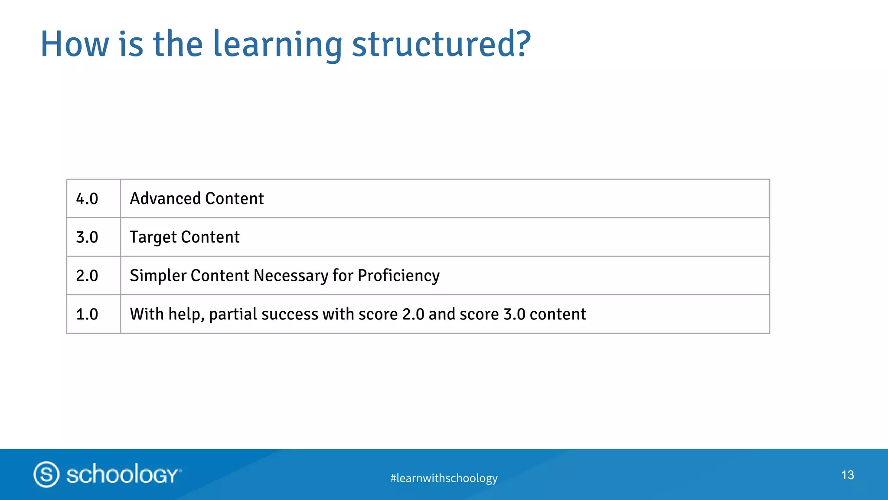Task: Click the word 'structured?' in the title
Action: (x=441, y=44)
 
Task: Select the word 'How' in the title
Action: (x=75, y=44)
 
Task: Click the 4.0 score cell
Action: (x=87, y=199)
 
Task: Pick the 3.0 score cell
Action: (x=87, y=237)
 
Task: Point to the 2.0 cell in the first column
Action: (x=87, y=276)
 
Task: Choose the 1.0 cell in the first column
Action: (x=87, y=314)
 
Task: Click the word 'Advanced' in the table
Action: (x=165, y=199)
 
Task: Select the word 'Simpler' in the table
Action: (x=158, y=276)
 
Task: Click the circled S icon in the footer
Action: (x=46, y=474)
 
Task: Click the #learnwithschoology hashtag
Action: (x=444, y=478)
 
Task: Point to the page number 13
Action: (x=847, y=475)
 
